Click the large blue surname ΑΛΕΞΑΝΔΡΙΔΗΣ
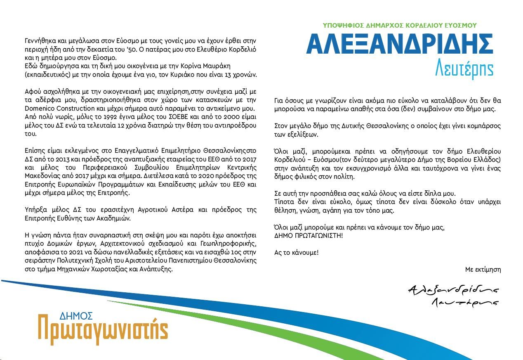399,44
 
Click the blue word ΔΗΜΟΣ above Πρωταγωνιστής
76,316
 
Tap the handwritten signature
453,295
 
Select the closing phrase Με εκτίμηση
483,270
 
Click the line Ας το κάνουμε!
296,252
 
